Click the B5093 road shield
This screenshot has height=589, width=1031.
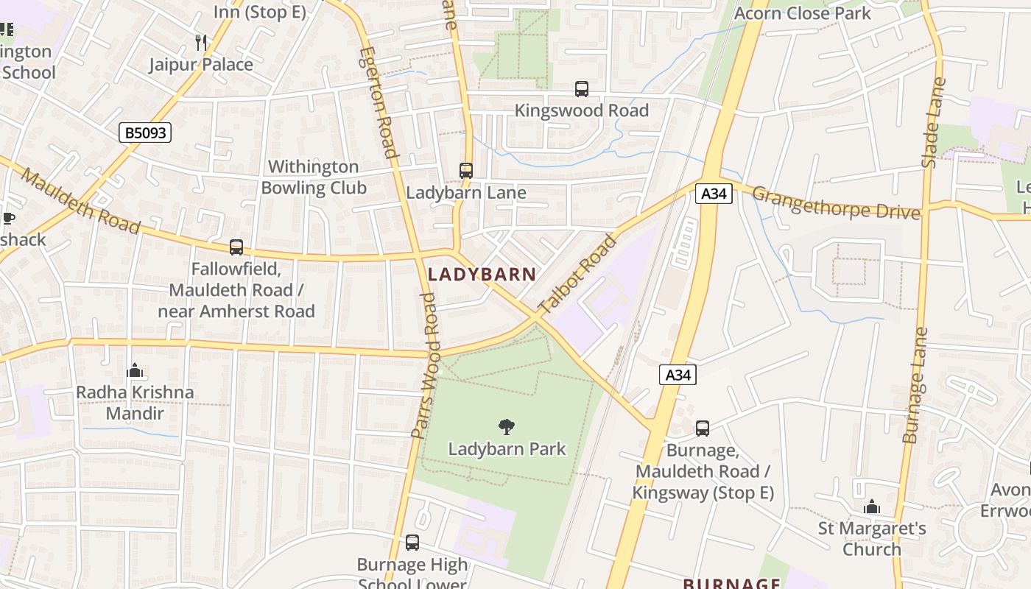tap(144, 133)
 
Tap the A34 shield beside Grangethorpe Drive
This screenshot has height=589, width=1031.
tap(714, 194)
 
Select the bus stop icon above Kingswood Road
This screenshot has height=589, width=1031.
tap(582, 89)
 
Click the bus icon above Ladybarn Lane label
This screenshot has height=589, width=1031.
tap(466, 171)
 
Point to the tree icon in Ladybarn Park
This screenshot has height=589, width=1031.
tap(507, 426)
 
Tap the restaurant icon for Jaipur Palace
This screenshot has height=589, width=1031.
tap(201, 42)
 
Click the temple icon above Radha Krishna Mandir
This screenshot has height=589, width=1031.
tap(135, 370)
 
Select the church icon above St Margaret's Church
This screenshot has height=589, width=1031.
tap(872, 507)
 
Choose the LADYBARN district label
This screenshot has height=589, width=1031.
tap(482, 275)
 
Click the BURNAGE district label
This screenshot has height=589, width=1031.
tap(731, 583)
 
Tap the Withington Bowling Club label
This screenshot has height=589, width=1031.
tap(314, 177)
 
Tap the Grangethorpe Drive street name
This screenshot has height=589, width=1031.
tap(836, 203)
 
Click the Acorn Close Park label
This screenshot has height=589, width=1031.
tap(803, 13)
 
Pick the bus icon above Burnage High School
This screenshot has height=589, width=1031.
tap(412, 543)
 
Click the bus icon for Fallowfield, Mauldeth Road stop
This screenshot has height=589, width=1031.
tap(236, 247)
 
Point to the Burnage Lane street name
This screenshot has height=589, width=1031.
tap(915, 385)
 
